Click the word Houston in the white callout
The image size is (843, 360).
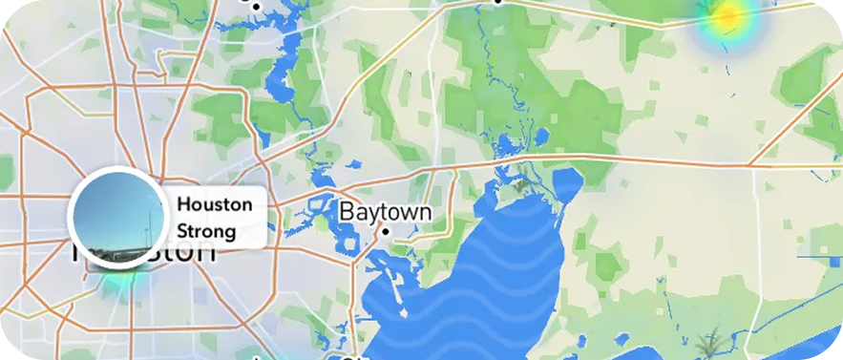[x=215, y=204]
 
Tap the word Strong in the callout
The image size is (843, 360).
[x=206, y=231]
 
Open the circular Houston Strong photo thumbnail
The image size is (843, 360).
[x=118, y=217]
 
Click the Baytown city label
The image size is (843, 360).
[x=386, y=211]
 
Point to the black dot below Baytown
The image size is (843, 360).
[x=386, y=232]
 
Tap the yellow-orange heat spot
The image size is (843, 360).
[x=729, y=15]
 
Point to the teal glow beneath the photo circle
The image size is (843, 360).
[x=119, y=280]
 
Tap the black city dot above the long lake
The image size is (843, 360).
[x=256, y=7]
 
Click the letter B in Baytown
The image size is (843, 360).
[x=348, y=211]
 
